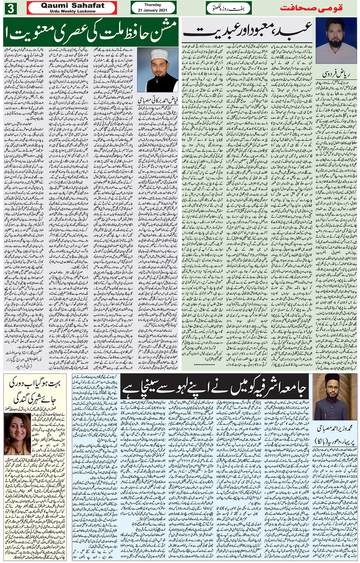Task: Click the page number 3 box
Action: [10, 8]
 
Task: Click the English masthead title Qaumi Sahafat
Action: [72, 5]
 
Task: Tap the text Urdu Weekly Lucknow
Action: [72, 11]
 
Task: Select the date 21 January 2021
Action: [153, 10]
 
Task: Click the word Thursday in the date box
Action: [153, 5]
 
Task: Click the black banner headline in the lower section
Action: [214, 388]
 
